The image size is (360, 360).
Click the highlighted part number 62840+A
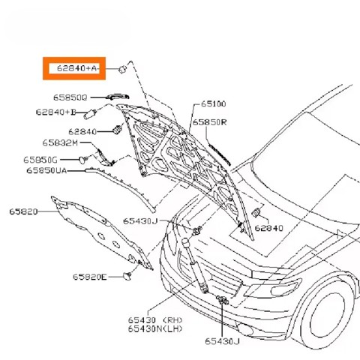pyautogui.click(x=76, y=68)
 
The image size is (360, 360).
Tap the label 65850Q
pyautogui.click(x=70, y=97)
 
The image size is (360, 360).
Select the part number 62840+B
pyautogui.click(x=55, y=112)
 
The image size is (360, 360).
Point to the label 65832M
pyautogui.click(x=60, y=143)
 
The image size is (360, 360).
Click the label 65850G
pyautogui.click(x=40, y=160)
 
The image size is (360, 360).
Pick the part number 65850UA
pyautogui.click(x=46, y=170)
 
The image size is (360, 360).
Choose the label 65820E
pyautogui.click(x=90, y=277)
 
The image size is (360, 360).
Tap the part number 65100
pyautogui.click(x=214, y=103)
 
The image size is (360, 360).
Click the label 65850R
pyautogui.click(x=209, y=122)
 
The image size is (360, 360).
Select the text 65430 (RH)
pyautogui.click(x=155, y=320)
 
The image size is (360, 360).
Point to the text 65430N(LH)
pyautogui.click(x=155, y=329)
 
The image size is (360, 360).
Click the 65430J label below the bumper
pyautogui.click(x=222, y=341)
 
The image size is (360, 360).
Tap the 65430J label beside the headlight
pyautogui.click(x=140, y=221)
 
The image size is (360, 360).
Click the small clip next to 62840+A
pyautogui.click(x=122, y=69)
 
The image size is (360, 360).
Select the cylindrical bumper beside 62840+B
pyautogui.click(x=90, y=115)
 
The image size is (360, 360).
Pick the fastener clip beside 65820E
pyautogui.click(x=127, y=276)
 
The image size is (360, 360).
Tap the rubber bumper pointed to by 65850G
pyautogui.click(x=82, y=160)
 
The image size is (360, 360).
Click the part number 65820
pyautogui.click(x=23, y=211)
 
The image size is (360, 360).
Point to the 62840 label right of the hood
pyautogui.click(x=269, y=228)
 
